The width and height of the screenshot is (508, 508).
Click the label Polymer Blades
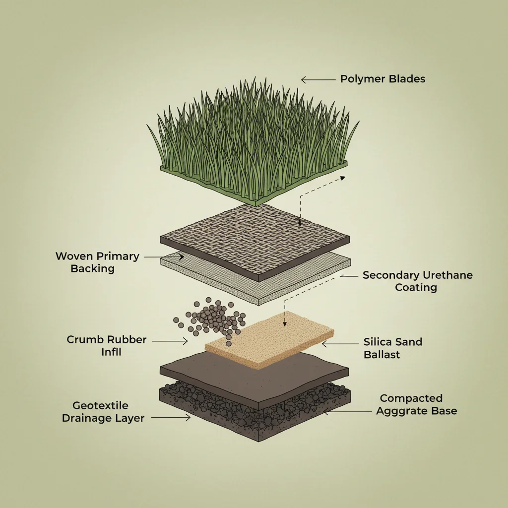pos(382,79)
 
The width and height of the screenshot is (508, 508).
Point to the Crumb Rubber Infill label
pos(107,346)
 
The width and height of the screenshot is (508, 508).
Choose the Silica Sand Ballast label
pos(392,348)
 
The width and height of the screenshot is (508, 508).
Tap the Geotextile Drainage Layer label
pos(103,412)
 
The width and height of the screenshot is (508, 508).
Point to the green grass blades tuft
pos(253,134)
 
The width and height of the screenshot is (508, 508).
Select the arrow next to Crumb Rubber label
pos(170,341)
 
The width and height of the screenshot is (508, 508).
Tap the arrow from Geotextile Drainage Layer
pos(170,418)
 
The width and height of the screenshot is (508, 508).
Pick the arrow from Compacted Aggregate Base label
pos(347,411)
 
